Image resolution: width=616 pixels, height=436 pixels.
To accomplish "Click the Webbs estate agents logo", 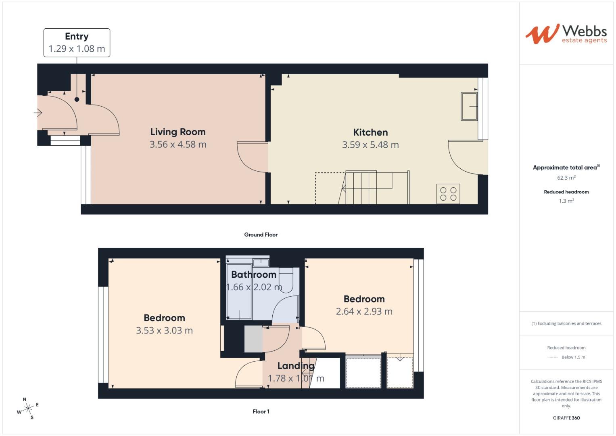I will coord(566,34).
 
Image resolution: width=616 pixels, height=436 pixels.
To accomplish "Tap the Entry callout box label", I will coord(77,36).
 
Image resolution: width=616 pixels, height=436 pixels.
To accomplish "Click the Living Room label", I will coord(178,132).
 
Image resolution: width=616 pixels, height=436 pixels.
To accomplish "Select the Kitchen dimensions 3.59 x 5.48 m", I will coord(370,145).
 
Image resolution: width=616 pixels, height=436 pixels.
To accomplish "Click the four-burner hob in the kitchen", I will coord(448,194).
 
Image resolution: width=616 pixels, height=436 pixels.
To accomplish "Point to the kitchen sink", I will coord(469,107).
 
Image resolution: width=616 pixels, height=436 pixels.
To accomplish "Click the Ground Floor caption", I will coord(261,235).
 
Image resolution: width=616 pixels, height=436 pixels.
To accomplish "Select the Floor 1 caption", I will coord(261,411).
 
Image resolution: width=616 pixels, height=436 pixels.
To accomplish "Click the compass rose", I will coord(28,409).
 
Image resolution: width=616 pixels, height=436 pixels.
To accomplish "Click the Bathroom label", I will coord(253,275).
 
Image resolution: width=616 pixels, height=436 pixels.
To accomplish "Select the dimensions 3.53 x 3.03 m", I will coord(164,331).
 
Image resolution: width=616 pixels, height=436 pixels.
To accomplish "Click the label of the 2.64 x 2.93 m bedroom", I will coord(364,299).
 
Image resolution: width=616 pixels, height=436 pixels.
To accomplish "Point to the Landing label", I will coord(296,366).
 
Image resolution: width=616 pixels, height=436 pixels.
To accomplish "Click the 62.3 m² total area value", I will coord(566,178).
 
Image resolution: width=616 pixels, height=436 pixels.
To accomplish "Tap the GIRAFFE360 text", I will coord(566,418).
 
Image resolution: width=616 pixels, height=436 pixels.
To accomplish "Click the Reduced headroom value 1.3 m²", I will coord(566,201).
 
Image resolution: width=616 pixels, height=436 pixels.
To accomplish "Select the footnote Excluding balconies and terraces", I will coord(566,323).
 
